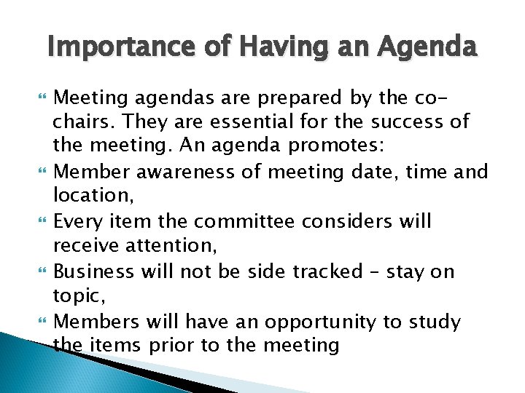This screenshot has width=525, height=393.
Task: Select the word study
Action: coord(435,322)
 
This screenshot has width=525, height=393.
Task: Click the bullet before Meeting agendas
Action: coord(40,95)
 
